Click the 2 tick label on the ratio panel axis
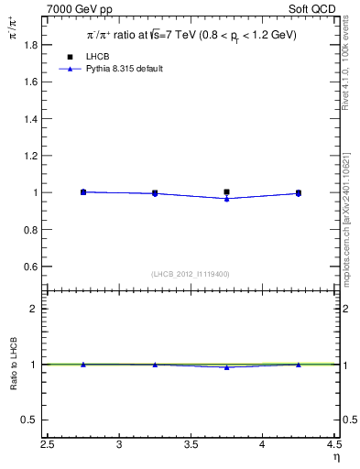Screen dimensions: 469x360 (x=38, y=309)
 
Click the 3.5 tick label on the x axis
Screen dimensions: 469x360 (x=191, y=444)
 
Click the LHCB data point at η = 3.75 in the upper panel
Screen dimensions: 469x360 (x=226, y=192)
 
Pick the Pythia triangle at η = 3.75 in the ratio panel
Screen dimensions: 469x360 (x=226, y=366)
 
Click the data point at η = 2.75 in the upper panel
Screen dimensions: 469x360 (x=83, y=192)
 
